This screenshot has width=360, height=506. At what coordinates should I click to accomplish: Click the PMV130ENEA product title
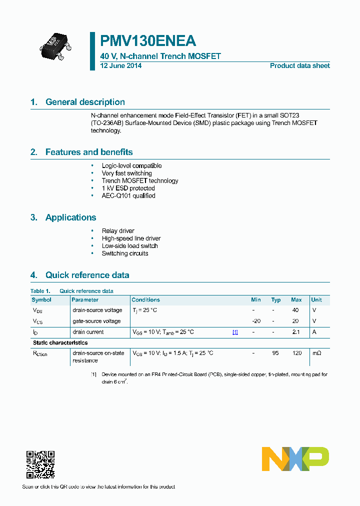(x=148, y=41)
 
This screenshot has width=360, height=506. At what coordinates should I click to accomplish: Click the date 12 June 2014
(x=121, y=65)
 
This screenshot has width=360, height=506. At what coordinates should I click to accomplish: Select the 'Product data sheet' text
(x=299, y=65)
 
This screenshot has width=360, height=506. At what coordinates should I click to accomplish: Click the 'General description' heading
(x=85, y=102)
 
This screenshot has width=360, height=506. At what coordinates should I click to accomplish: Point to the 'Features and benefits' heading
(x=89, y=152)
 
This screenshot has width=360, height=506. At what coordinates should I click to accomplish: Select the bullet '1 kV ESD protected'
(x=128, y=188)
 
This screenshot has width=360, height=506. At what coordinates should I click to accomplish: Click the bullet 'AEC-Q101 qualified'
(x=128, y=195)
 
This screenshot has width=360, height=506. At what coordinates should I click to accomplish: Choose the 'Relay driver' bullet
(x=118, y=231)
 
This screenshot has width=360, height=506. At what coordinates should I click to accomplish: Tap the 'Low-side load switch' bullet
(x=129, y=246)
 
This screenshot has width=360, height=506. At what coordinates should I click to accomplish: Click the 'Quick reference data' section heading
(x=87, y=275)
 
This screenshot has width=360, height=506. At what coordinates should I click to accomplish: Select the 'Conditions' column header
(x=145, y=300)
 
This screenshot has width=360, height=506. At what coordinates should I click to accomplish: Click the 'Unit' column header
(x=316, y=300)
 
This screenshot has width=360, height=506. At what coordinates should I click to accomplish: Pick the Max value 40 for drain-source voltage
(x=295, y=310)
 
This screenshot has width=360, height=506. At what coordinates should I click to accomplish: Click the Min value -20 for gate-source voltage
(x=256, y=321)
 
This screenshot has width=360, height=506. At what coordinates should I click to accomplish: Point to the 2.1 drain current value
(x=296, y=332)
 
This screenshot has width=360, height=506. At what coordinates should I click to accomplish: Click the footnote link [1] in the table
(x=235, y=332)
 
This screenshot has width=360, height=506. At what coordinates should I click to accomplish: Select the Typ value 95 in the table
(x=275, y=353)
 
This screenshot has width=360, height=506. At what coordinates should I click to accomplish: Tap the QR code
(x=40, y=464)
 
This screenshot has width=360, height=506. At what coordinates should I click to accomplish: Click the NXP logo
(x=295, y=458)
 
